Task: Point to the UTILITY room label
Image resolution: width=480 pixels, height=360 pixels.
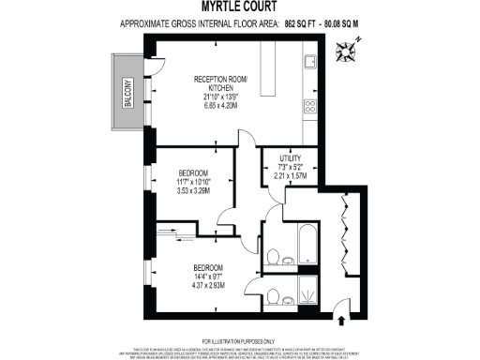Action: point(290,160)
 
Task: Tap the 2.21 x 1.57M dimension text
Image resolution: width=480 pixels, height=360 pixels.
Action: point(290,175)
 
